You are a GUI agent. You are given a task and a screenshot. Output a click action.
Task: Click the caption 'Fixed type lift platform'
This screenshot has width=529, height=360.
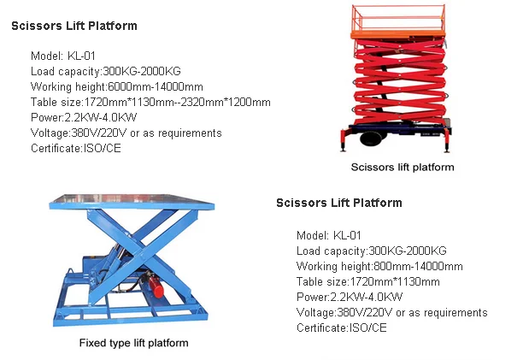pos(133,343)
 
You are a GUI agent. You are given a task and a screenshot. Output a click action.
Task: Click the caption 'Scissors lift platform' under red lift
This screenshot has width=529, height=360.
pos(403,167)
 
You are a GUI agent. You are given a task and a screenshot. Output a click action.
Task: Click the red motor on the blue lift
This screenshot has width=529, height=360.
pos(156,286)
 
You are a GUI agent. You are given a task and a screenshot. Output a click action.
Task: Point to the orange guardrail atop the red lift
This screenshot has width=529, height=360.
pos(398,17)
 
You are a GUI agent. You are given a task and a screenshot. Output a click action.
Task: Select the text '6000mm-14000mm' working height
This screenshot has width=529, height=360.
pos(156,86)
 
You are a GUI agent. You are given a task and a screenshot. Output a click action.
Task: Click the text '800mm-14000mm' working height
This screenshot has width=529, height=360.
pos(418,266)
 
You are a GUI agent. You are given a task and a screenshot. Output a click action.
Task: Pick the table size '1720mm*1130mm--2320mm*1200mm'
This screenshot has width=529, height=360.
pos(177,102)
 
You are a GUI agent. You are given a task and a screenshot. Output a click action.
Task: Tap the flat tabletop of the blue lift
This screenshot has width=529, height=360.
pos(132,201)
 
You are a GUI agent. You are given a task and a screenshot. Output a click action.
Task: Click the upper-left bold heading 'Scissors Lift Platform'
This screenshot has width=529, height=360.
pos(74,26)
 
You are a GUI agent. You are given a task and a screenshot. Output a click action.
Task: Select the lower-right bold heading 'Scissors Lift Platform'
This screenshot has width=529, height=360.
pos(339,203)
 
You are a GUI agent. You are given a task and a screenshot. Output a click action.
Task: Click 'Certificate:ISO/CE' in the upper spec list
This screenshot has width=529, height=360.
pos(76,148)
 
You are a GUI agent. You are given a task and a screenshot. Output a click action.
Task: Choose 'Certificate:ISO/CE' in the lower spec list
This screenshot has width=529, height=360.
pos(342,328)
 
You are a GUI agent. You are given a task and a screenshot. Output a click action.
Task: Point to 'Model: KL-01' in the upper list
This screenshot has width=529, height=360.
pos(63,56)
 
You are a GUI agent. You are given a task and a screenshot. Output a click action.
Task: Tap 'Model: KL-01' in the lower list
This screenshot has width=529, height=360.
pos(329,235)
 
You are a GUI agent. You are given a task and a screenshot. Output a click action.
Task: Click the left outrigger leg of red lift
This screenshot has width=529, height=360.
pos(344,140)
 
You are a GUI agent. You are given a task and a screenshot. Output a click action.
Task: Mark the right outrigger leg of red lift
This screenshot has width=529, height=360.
pos(447,140)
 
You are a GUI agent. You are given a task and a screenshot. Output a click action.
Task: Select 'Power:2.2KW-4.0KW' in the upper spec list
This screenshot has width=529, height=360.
pos(84,117)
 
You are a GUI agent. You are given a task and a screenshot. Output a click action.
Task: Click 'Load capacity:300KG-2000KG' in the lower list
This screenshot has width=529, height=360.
pos(372,251)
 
